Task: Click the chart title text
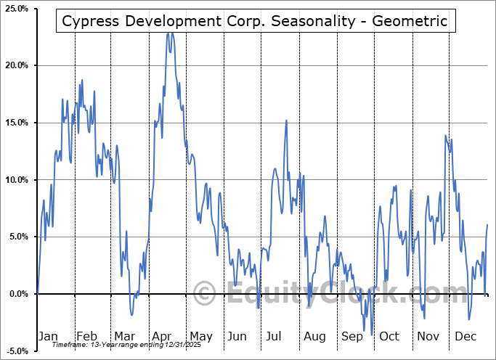coord(255,21)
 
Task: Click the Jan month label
coord(48,336)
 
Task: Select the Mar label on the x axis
coord(125,336)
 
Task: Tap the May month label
coord(200,336)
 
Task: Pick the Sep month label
coord(352,336)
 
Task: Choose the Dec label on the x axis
coord(465,336)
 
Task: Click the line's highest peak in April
coord(169,33)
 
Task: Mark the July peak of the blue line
coord(287,120)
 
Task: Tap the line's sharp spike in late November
coord(445,136)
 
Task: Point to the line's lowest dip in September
coord(371,335)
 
